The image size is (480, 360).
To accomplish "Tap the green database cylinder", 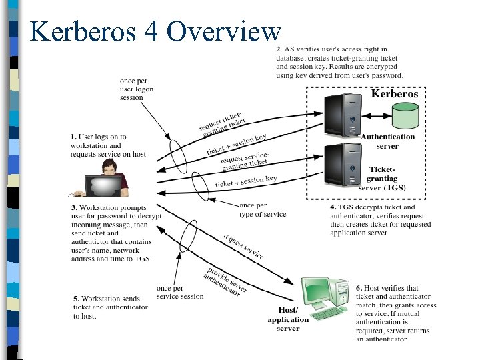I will tap(405, 116).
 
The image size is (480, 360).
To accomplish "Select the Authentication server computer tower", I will tap(343, 116).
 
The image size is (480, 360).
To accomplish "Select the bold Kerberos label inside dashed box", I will tap(394, 94).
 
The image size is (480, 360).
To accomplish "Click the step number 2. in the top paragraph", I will tap(280, 50).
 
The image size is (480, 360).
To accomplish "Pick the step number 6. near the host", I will tap(359, 289).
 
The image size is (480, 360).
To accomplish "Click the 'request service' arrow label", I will tap(243, 247).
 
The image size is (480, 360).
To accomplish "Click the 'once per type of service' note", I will tap(262, 210).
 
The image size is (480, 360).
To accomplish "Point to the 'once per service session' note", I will tap(180, 293).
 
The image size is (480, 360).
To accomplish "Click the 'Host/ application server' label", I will tap(288, 319).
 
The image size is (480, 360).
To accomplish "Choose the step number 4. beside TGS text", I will tap(333, 207).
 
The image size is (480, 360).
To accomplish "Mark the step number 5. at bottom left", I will tap(76, 299).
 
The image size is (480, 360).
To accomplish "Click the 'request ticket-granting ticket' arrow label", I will tap(223, 121).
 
